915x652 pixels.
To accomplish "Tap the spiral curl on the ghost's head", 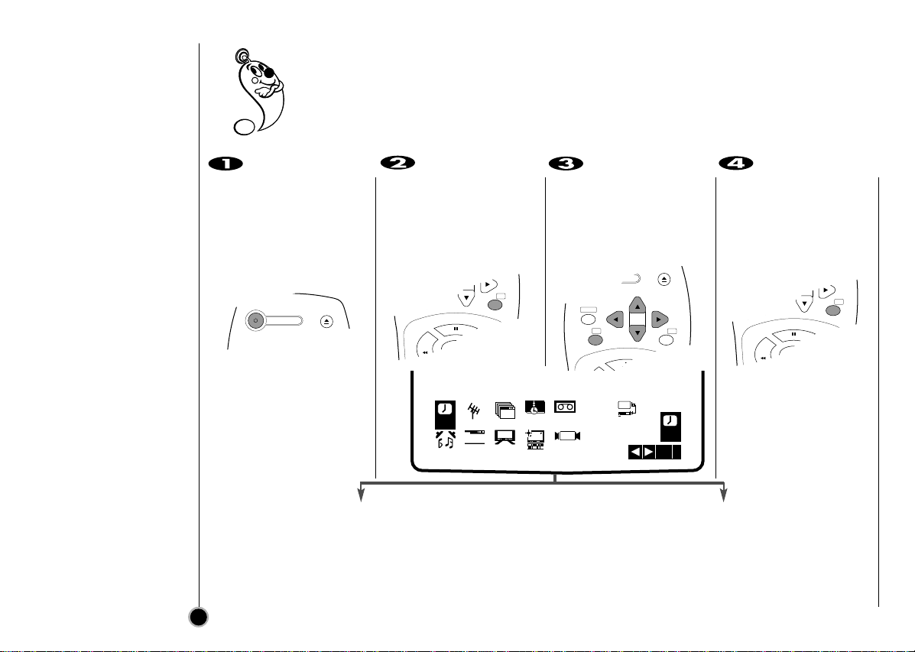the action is point(243,57).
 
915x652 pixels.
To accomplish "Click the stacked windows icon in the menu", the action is point(505,411).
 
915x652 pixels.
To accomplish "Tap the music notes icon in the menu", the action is point(443,439).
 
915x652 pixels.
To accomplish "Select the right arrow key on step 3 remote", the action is point(659,318).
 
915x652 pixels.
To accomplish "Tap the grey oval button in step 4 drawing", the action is point(835,313).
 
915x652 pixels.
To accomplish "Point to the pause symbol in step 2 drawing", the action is point(456,330).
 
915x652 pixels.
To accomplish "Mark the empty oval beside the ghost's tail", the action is point(245,126).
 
